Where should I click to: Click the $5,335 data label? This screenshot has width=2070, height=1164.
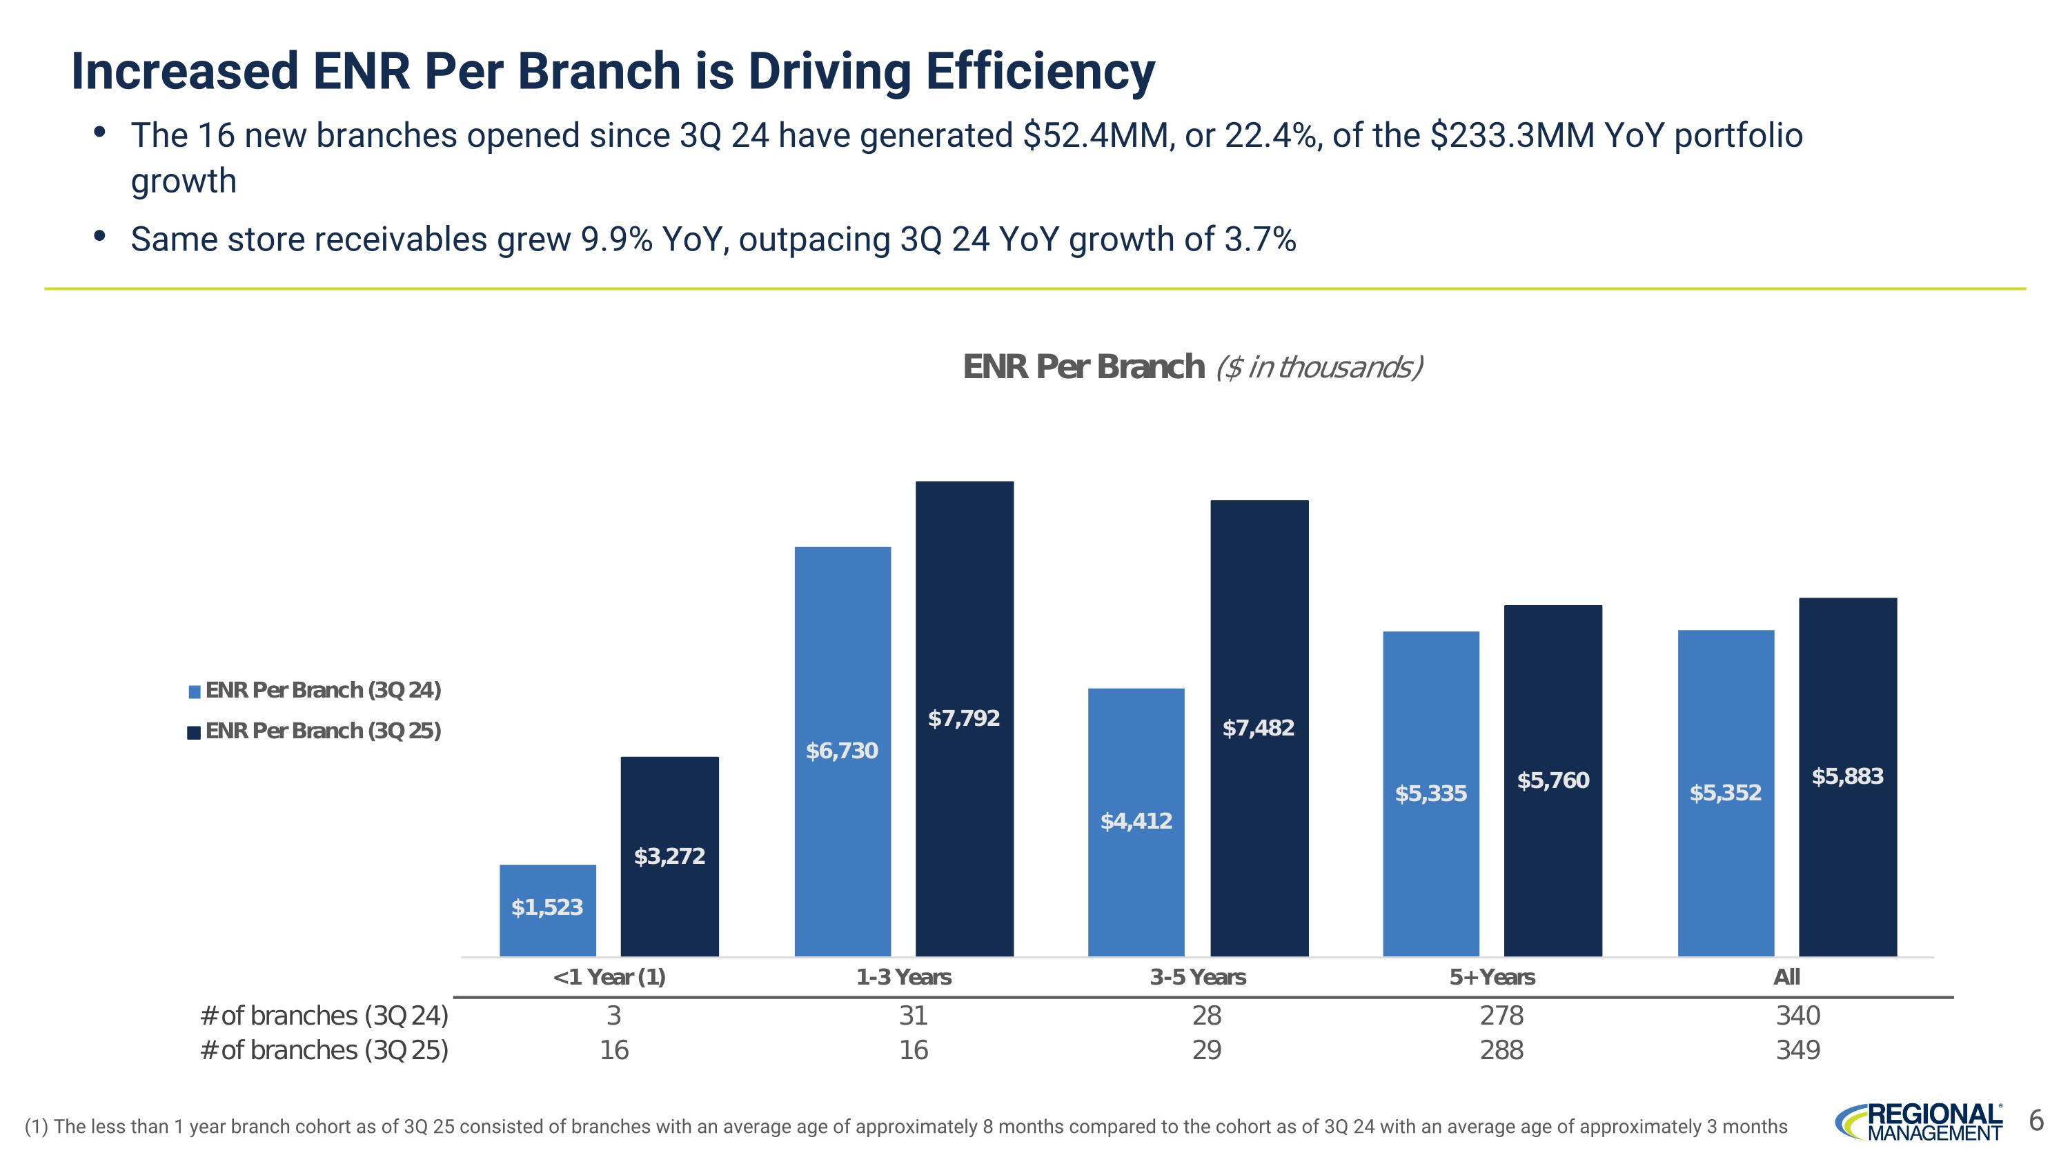[1430, 793]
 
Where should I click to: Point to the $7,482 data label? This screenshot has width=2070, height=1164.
[1259, 728]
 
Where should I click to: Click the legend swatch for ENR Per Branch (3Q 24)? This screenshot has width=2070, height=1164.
[195, 691]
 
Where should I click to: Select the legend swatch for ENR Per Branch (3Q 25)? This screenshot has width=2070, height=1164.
[195, 732]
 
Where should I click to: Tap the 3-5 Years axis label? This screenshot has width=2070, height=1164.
[1197, 977]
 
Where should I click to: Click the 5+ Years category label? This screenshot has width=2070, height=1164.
[1492, 977]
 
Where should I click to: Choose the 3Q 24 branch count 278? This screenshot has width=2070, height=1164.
[1501, 1016]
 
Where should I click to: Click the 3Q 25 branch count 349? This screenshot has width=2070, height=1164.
[1797, 1050]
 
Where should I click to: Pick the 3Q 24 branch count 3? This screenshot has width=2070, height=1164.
[613, 1016]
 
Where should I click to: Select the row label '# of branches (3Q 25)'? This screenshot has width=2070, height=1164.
[324, 1050]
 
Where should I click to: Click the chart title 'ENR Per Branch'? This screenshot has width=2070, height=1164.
[1083, 367]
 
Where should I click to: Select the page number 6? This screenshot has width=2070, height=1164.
[2035, 1120]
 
